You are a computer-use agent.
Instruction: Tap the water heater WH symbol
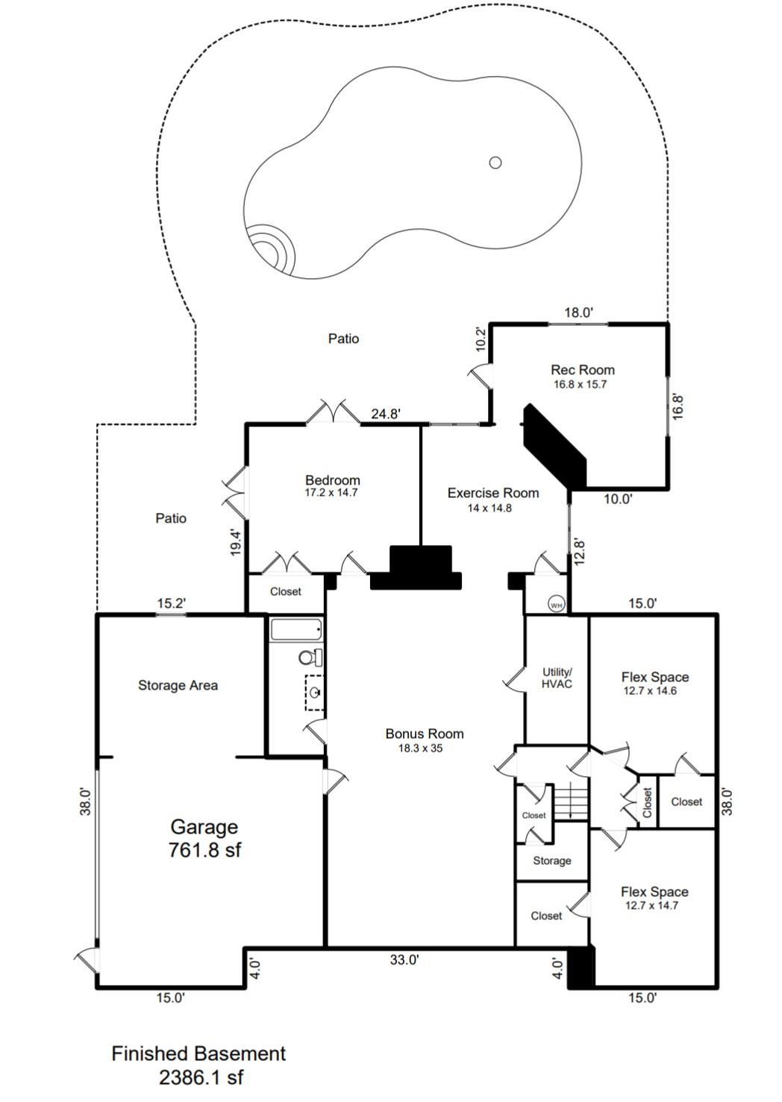pos(556,605)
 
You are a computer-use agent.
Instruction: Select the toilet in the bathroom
pos(310,658)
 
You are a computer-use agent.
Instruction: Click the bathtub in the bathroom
pos(296,630)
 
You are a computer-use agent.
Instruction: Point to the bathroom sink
pos(315,693)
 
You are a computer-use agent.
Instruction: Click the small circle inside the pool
pos(495,163)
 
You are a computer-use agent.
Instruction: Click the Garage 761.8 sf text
pos(204,837)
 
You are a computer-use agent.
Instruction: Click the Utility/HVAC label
pos(557,678)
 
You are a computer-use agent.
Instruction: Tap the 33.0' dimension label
pos(404,960)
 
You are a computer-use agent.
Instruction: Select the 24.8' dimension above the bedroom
pos(386,414)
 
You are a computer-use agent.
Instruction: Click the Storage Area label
pos(178,685)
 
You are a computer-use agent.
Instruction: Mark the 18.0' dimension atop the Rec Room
pos(578,312)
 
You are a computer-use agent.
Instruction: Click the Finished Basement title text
pos(198,1054)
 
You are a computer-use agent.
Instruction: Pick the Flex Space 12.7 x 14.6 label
pos(654,683)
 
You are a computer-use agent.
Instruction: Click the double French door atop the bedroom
pos(333,412)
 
